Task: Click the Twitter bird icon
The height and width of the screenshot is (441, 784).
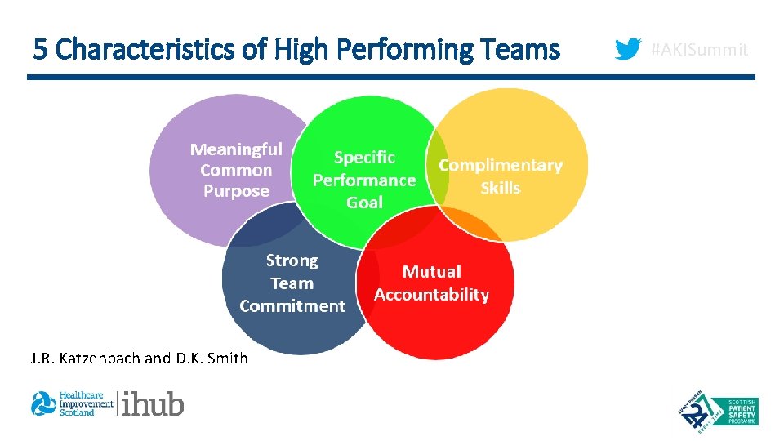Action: pos(627,50)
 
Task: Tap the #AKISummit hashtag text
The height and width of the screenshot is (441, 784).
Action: pos(698,50)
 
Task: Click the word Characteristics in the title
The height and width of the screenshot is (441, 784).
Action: pos(149,50)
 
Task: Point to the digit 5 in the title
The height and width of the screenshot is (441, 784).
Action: pos(40,50)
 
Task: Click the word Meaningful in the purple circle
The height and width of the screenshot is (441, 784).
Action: pos(236,149)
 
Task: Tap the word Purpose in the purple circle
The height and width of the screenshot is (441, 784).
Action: pos(236,191)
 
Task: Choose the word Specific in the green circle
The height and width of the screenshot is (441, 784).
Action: pos(364,158)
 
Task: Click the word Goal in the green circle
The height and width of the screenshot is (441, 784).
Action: pos(364,203)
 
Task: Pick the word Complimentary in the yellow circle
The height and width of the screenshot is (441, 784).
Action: pos(501,165)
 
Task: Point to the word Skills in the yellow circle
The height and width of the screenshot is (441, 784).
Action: pos(501,188)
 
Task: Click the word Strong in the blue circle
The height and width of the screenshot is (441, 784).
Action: pos(292,261)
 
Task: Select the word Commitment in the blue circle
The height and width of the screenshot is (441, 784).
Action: pos(292,306)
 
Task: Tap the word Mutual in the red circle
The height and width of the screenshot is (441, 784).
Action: pos(432,272)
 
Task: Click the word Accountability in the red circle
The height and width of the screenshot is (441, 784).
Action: pos(432,295)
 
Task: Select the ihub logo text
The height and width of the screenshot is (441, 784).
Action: pos(154,403)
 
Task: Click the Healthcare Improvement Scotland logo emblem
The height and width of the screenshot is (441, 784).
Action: pos(42,403)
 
